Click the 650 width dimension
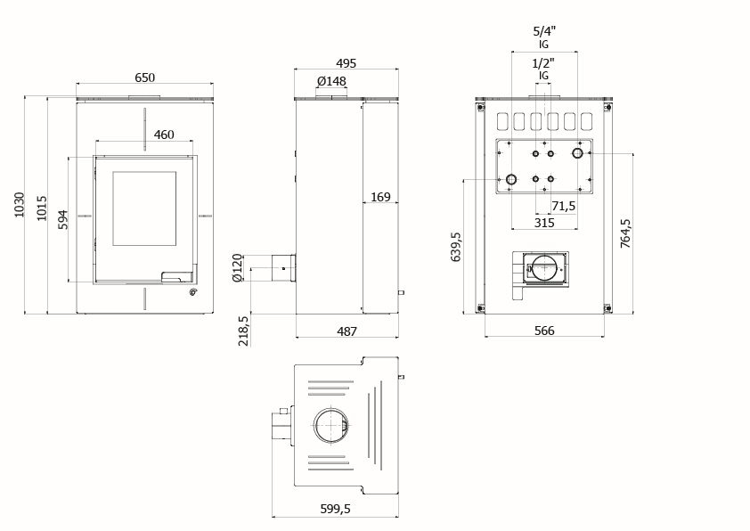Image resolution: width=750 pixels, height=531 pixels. [x=144, y=78]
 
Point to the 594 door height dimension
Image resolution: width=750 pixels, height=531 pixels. [x=62, y=219]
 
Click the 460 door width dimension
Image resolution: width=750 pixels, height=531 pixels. [x=163, y=135]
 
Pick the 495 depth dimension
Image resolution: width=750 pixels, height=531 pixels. [x=346, y=63]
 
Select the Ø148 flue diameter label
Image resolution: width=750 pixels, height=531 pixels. [x=331, y=82]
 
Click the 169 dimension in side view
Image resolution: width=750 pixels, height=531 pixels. [x=379, y=197]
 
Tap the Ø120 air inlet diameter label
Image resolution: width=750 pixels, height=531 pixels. [x=237, y=267]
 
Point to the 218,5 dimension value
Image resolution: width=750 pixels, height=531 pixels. [x=243, y=331]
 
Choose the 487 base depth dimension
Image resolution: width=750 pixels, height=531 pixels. [x=346, y=331]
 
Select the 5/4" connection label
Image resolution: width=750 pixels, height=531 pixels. [x=543, y=29]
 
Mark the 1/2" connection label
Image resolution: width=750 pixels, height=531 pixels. [x=543, y=64]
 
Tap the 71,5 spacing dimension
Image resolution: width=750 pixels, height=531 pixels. [x=563, y=206]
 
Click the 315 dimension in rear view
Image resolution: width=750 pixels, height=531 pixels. [x=544, y=222]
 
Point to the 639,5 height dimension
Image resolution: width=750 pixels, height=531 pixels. [x=457, y=248]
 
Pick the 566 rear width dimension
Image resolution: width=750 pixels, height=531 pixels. [x=544, y=331]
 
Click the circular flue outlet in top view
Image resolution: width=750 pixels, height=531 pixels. [x=333, y=427]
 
